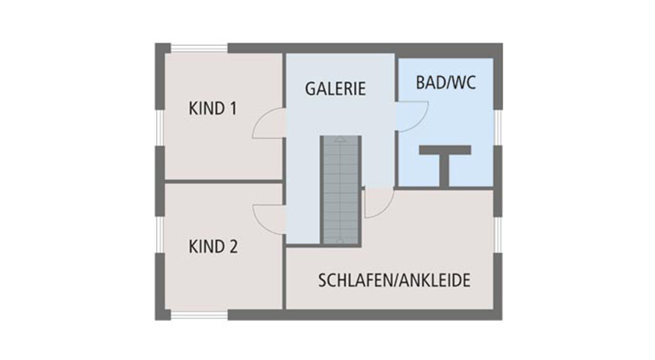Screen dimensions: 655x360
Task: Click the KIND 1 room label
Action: pyautogui.click(x=212, y=108)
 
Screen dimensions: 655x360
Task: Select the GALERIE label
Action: pyautogui.click(x=335, y=88)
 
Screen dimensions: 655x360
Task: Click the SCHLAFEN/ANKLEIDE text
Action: pyautogui.click(x=394, y=281)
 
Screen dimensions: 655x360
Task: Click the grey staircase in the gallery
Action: pyautogui.click(x=341, y=187)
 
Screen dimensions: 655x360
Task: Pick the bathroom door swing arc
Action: pyautogui.click(x=409, y=117)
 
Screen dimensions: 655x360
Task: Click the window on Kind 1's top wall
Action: pyautogui.click(x=199, y=48)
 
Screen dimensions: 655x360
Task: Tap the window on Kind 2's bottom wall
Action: pyautogui.click(x=199, y=315)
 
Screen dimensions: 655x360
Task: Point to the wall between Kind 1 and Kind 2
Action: pyautogui.click(x=222, y=182)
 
